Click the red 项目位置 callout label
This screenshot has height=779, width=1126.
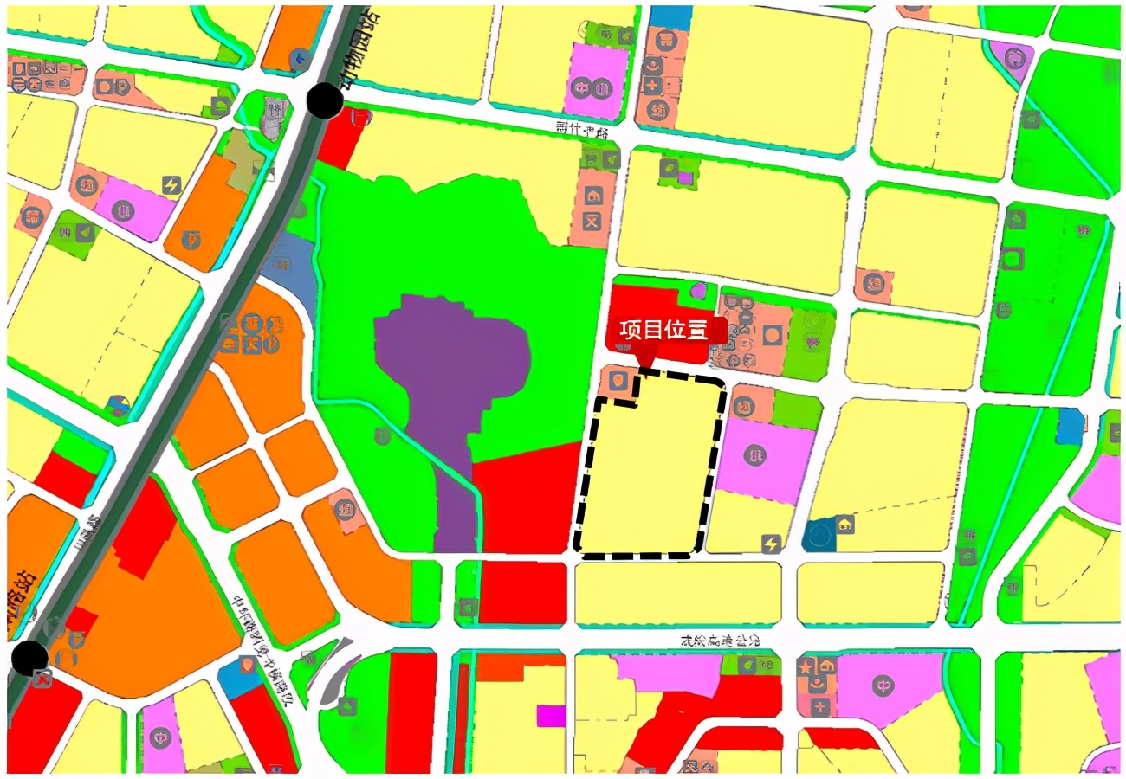click(x=663, y=330)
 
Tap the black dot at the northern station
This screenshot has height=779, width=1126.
click(x=325, y=100)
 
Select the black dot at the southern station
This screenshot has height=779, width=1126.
click(x=30, y=658)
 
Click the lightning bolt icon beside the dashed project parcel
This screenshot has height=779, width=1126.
click(x=770, y=544)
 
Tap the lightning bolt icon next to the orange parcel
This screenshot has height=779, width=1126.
click(x=171, y=184)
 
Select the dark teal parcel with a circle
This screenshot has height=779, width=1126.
click(x=819, y=535)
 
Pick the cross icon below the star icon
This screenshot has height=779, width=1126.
click(x=819, y=706)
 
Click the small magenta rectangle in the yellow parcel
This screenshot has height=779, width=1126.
click(x=550, y=716)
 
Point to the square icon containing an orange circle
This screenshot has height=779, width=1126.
click(x=773, y=332)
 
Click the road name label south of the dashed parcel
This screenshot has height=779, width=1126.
click(x=719, y=641)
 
